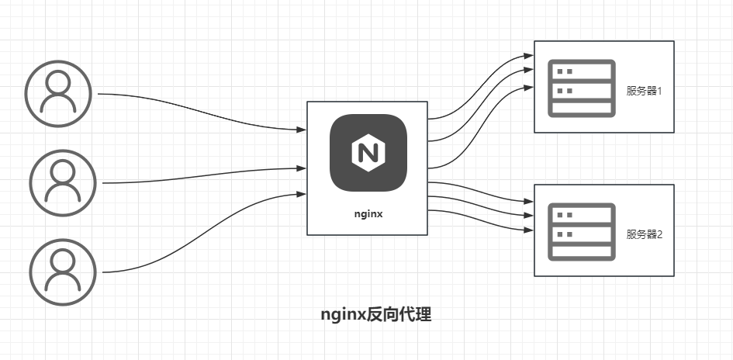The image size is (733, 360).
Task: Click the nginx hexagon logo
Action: (368, 153)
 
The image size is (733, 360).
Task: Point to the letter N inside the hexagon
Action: (368, 153)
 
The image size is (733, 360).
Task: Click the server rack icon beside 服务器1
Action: (582, 88)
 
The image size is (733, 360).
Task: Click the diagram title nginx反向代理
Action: (376, 315)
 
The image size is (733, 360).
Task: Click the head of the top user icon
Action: (59, 82)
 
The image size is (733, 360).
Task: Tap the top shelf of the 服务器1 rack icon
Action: (582, 71)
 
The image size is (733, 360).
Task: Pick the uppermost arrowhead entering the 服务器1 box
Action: (530, 57)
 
